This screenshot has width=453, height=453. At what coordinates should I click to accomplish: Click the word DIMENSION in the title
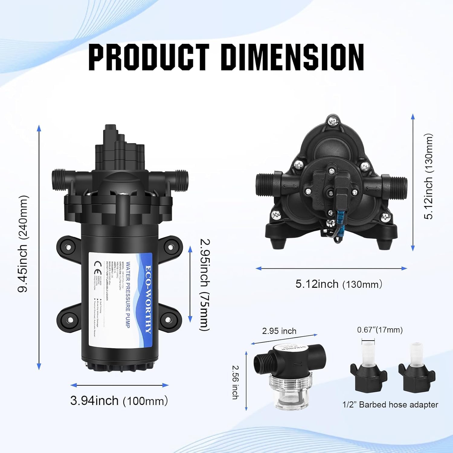(x=294, y=57)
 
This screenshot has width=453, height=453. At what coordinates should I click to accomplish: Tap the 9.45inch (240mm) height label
(x=23, y=244)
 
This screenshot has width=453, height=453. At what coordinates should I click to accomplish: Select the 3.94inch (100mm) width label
(x=119, y=401)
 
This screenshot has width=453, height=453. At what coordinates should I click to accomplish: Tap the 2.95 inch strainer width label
(x=279, y=331)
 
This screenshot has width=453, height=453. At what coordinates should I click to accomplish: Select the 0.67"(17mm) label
(x=380, y=330)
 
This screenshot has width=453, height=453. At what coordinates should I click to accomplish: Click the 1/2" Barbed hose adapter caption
(x=390, y=405)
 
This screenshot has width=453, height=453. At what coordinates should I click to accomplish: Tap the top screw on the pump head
(x=333, y=121)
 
